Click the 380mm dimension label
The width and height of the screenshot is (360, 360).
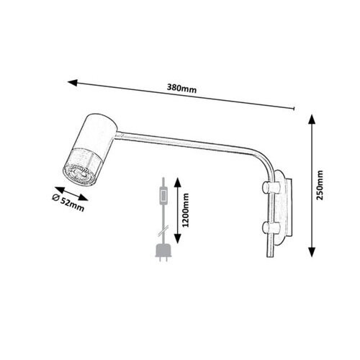(181, 89)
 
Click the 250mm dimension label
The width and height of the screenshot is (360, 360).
(320, 185)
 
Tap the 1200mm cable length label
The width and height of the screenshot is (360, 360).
(186, 210)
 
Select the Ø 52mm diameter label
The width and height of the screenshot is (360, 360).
(68, 203)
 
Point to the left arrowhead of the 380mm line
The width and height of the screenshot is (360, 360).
(73, 83)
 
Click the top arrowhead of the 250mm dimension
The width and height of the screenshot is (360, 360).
(312, 120)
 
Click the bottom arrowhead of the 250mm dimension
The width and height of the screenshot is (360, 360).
(312, 252)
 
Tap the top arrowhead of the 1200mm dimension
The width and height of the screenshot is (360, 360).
(177, 182)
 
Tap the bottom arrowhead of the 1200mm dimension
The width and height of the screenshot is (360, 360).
(177, 238)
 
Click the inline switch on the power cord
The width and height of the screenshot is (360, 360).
(163, 196)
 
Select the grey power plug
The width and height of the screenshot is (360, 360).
(163, 253)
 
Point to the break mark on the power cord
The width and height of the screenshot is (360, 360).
(163, 230)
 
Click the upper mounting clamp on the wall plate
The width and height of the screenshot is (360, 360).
(271, 188)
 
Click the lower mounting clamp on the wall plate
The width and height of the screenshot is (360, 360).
(271, 228)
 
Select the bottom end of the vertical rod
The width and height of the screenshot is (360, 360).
(271, 256)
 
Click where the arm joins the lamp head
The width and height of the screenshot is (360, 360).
(117, 135)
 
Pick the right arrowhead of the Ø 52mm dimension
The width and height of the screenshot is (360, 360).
(84, 197)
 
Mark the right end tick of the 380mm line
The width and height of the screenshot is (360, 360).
(294, 109)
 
